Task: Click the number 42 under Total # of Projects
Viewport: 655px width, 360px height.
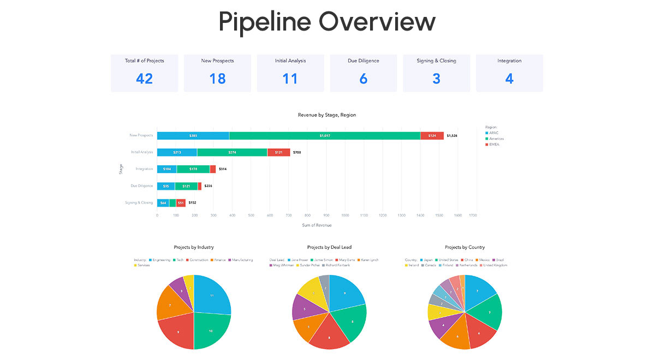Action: point(144,79)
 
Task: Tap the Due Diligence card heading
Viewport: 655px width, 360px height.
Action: point(363,61)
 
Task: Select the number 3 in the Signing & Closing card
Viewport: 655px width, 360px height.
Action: point(436,79)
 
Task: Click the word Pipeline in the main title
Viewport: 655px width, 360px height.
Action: point(264,22)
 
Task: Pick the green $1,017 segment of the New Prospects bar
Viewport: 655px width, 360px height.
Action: point(324,135)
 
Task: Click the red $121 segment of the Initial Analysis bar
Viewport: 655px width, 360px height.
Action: point(278,152)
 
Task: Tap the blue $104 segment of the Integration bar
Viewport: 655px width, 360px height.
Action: point(166,169)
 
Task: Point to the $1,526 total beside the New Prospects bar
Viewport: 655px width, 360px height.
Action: point(452,136)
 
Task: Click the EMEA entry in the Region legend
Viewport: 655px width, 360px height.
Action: point(495,145)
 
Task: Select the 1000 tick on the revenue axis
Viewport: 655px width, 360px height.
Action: point(346,215)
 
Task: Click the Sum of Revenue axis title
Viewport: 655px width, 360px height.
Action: point(317,225)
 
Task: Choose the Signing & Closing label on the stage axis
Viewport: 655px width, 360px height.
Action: point(139,203)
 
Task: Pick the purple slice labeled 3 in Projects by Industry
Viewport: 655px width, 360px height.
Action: point(181,291)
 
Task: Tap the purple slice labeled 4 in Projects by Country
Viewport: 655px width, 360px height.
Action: point(441,326)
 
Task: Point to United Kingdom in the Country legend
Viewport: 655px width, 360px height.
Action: point(495,266)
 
